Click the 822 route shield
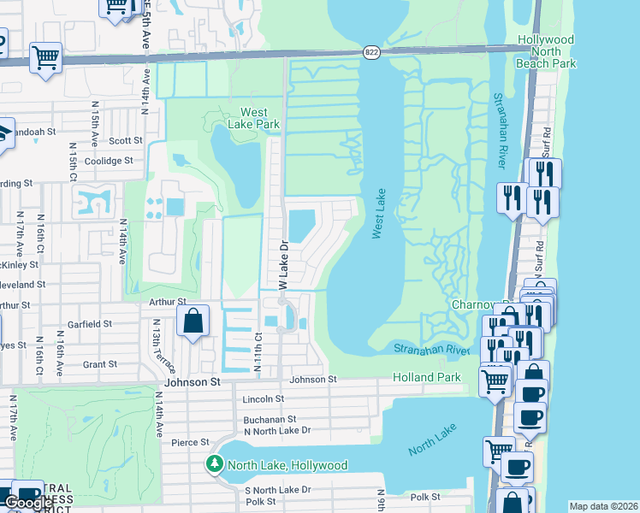[x=370, y=51]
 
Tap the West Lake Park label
[x=260, y=118]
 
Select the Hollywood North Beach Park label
[x=546, y=52]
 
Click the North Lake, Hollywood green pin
[x=214, y=465]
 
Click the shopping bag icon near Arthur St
[x=194, y=321]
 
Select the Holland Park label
[x=426, y=377]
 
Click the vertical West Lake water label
[x=379, y=214]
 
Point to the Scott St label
[x=125, y=141]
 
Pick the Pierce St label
[x=190, y=442]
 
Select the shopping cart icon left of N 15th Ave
[x=45, y=58]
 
